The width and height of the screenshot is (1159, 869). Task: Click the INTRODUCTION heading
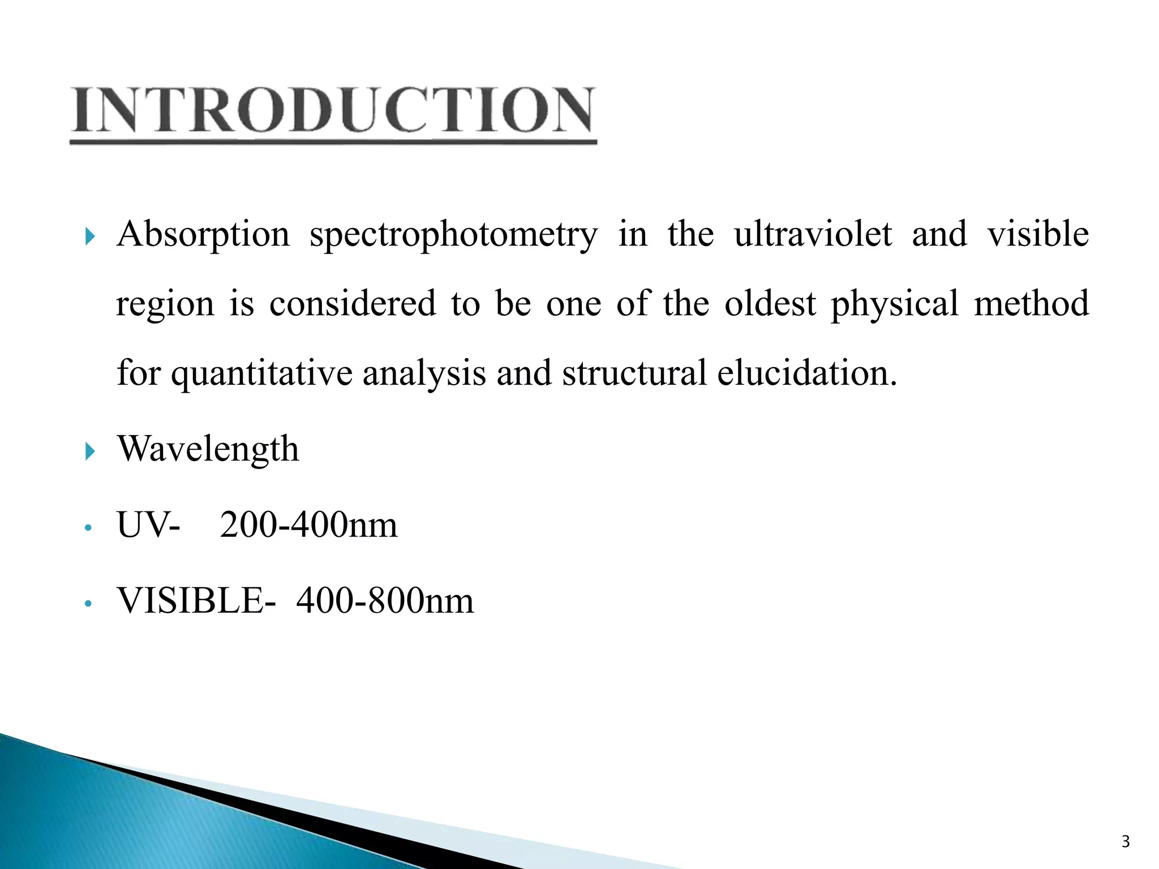coord(333,110)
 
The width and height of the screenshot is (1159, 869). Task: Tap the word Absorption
coord(203,234)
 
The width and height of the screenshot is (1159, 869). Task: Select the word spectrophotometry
coord(453,235)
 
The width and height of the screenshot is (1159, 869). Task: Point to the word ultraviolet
coord(813,234)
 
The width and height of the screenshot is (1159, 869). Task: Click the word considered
coord(353,303)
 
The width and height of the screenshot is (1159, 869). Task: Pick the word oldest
coord(770,303)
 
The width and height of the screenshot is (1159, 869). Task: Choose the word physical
coord(895,304)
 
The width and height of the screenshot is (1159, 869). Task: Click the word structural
coord(634,373)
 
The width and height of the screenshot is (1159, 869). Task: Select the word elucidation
coord(807,373)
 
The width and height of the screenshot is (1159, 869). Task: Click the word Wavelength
coord(208,449)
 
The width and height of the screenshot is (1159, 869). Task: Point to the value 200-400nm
coord(308,525)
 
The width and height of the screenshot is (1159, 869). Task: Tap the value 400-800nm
coord(385,601)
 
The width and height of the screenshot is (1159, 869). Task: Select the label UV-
coord(148,525)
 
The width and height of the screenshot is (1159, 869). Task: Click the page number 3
coord(1126,842)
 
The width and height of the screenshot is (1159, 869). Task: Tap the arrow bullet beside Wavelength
coord(89,451)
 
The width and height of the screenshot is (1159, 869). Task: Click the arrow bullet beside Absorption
coord(89,236)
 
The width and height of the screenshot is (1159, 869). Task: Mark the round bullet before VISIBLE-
coord(87,604)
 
